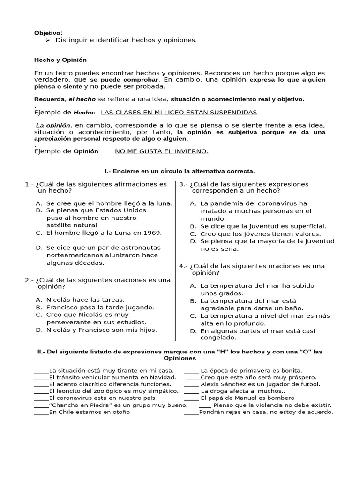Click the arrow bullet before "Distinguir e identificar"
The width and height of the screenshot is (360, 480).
[x=47, y=40]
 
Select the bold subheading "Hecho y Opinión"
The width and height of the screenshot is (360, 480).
[x=60, y=60]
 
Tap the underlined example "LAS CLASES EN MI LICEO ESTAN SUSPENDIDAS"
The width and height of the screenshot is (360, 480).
[x=179, y=112]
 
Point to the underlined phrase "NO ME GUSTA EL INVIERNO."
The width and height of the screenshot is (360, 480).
[x=161, y=151]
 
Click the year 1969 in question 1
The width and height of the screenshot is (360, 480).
[x=153, y=232]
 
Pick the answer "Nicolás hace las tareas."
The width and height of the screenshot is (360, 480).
[x=85, y=300]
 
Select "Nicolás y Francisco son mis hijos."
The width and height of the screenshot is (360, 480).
[x=101, y=330]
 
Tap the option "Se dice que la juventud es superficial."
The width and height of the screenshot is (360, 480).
[x=263, y=226]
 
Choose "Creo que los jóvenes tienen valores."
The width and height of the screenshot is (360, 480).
[x=260, y=233]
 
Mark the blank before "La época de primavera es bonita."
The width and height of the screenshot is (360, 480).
[x=191, y=370]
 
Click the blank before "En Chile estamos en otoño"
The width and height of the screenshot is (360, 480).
[x=41, y=412]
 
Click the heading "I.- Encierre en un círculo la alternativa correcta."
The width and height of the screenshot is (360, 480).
[x=180, y=172]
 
